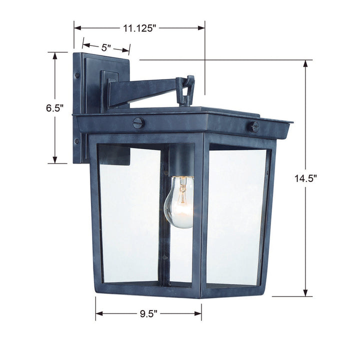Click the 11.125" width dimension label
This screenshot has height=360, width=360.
(x=139, y=28)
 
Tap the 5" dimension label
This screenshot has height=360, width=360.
(x=105, y=48)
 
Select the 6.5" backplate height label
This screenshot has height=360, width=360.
(x=54, y=107)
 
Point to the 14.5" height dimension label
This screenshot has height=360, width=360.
(x=306, y=178)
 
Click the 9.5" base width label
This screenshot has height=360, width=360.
(x=149, y=313)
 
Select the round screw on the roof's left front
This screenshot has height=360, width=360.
(x=138, y=123)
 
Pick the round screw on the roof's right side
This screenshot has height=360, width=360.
(x=254, y=126)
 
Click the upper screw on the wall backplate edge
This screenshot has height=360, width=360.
(x=77, y=75)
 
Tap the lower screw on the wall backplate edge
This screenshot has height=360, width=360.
(x=77, y=141)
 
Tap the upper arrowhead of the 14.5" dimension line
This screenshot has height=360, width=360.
(x=306, y=63)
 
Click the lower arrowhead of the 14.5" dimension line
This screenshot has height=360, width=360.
(x=306, y=293)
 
